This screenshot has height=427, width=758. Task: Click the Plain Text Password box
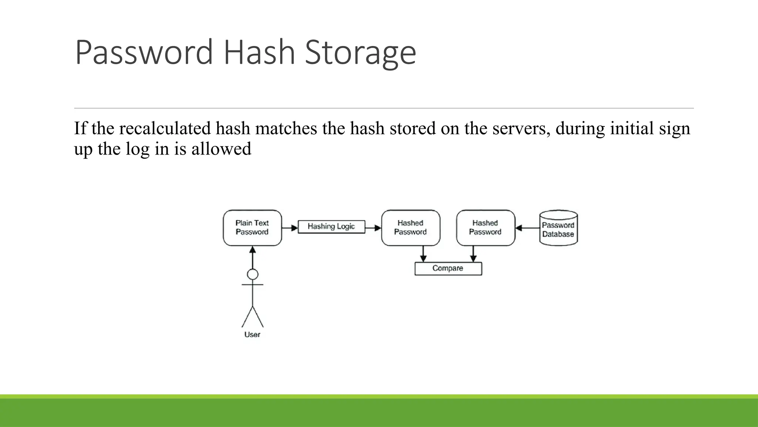(x=252, y=228)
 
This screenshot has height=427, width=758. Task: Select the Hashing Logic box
(x=331, y=226)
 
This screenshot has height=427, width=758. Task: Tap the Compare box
(x=448, y=268)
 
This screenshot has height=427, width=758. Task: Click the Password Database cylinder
(x=558, y=228)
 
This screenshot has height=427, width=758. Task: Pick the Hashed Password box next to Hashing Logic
(x=410, y=228)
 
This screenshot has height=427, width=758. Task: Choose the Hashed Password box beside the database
(x=485, y=228)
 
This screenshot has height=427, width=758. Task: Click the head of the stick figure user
(x=252, y=274)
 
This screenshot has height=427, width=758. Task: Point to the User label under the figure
(x=252, y=334)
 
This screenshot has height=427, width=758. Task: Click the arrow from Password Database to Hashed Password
(x=527, y=228)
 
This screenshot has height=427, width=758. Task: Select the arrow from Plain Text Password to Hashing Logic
(x=290, y=228)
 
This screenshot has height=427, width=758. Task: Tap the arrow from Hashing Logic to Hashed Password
(x=373, y=228)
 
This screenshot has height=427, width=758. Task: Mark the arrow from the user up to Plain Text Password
(x=252, y=257)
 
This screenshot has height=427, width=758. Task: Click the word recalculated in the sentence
(x=165, y=128)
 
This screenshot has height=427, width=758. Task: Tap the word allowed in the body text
(x=221, y=149)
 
